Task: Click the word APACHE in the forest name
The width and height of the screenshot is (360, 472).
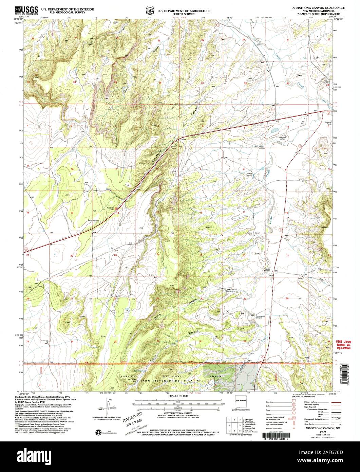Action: [x=129, y=377]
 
